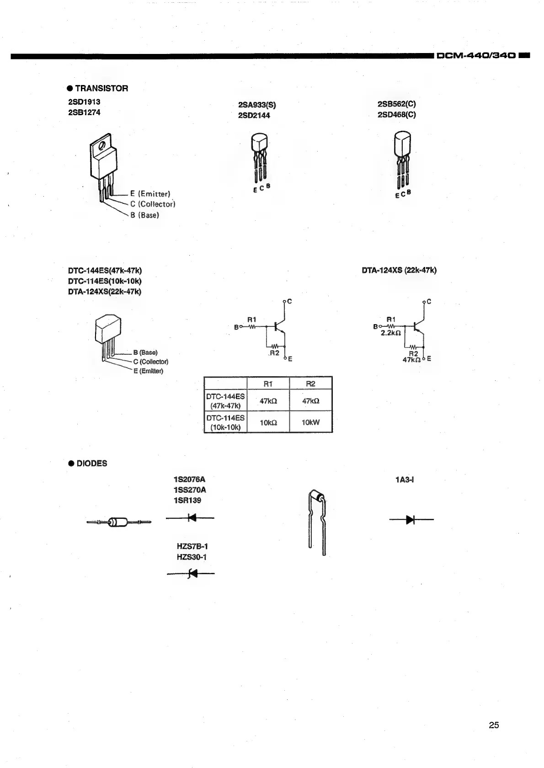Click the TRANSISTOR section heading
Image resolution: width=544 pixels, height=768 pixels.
tap(101, 88)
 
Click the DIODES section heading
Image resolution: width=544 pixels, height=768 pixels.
tap(91, 463)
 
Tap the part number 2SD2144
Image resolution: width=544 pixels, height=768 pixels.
tap(254, 115)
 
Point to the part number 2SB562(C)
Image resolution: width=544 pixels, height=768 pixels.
tap(396, 104)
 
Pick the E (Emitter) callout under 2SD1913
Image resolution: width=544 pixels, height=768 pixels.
tap(150, 194)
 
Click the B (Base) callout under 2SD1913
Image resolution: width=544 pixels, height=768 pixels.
tap(144, 215)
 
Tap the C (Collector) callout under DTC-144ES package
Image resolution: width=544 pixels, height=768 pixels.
tap(151, 362)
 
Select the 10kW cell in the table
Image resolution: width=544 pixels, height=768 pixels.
tap(311, 422)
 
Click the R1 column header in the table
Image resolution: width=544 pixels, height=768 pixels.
tap(268, 384)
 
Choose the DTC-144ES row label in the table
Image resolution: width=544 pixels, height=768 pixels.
tap(225, 400)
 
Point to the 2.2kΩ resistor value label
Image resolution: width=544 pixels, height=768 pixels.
tap(391, 333)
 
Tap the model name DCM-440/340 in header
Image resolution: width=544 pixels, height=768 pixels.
tap(477, 56)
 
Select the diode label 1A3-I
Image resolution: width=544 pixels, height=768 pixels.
tap(405, 480)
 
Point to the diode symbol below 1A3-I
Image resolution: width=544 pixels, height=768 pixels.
tap(411, 519)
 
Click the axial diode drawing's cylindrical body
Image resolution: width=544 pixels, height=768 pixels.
tap(118, 522)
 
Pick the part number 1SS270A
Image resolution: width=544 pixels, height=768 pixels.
tap(190, 490)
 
